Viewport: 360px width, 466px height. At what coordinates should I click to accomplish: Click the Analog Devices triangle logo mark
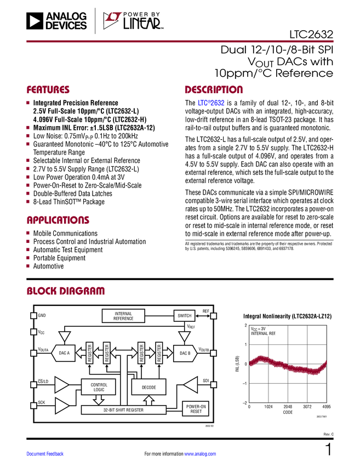click(35, 21)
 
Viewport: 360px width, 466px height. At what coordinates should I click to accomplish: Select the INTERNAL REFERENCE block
click(123, 316)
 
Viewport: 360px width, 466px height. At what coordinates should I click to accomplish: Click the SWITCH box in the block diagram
click(185, 316)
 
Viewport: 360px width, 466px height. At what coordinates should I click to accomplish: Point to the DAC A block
click(65, 353)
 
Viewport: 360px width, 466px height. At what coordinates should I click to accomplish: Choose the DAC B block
click(185, 353)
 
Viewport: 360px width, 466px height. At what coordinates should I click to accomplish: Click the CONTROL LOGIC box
click(99, 387)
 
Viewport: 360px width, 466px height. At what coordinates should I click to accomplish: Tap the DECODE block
click(148, 387)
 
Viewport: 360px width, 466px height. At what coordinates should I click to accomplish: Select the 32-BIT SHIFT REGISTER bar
click(123, 410)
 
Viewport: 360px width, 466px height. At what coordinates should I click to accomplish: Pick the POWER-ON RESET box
click(196, 409)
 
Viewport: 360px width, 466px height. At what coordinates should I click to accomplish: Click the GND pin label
click(42, 316)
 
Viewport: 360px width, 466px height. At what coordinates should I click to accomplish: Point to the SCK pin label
click(42, 403)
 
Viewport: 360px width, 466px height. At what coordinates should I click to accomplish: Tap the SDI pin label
click(206, 380)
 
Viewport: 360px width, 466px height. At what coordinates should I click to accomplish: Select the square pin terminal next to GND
click(34, 316)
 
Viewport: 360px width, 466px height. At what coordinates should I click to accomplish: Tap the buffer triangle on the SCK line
click(62, 406)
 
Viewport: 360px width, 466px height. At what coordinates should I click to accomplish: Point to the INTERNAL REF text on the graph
click(264, 333)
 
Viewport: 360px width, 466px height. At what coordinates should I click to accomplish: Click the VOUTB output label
click(203, 350)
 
